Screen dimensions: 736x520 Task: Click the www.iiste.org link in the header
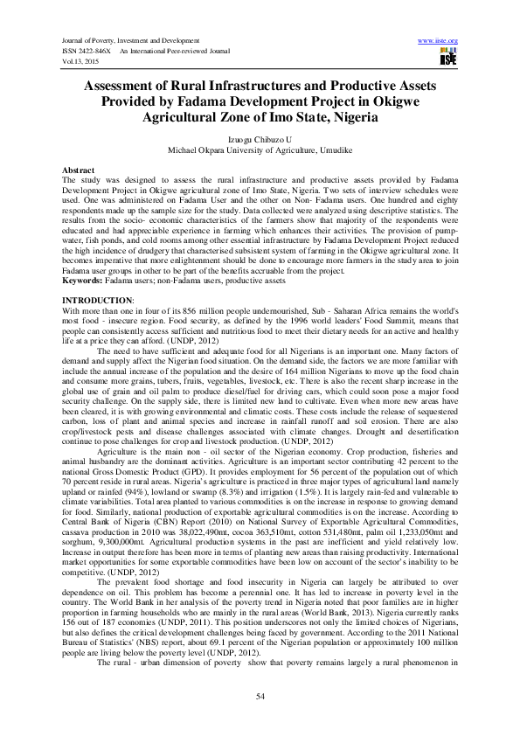(439, 41)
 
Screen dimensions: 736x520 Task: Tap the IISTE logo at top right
(449, 58)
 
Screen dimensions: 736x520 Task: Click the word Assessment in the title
(128, 87)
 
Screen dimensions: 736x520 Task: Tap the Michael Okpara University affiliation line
(260, 149)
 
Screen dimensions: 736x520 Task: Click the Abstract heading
(78, 169)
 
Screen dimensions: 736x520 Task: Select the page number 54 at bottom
(260, 695)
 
